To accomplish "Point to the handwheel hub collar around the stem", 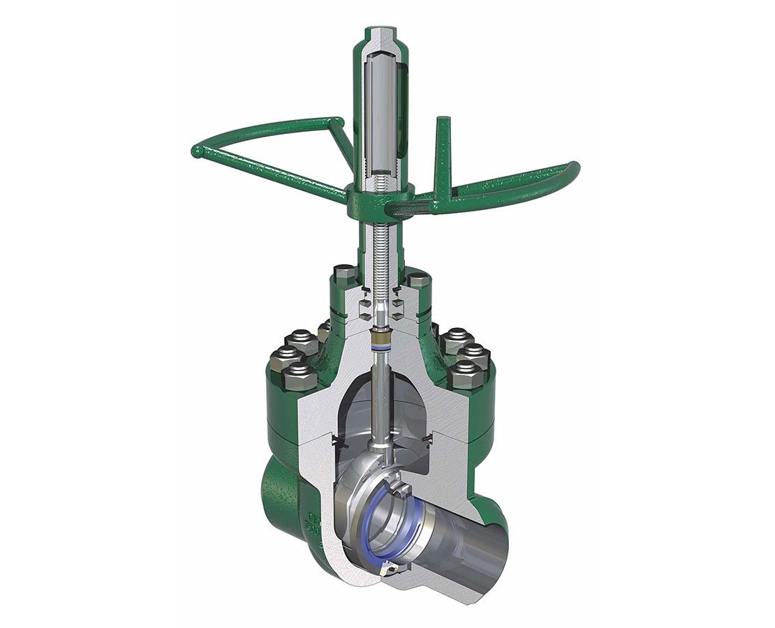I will click(x=381, y=192).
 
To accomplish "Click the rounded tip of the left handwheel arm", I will click(x=197, y=150).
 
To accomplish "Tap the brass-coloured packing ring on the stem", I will click(x=382, y=343).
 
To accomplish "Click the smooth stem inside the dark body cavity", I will click(x=383, y=405).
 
